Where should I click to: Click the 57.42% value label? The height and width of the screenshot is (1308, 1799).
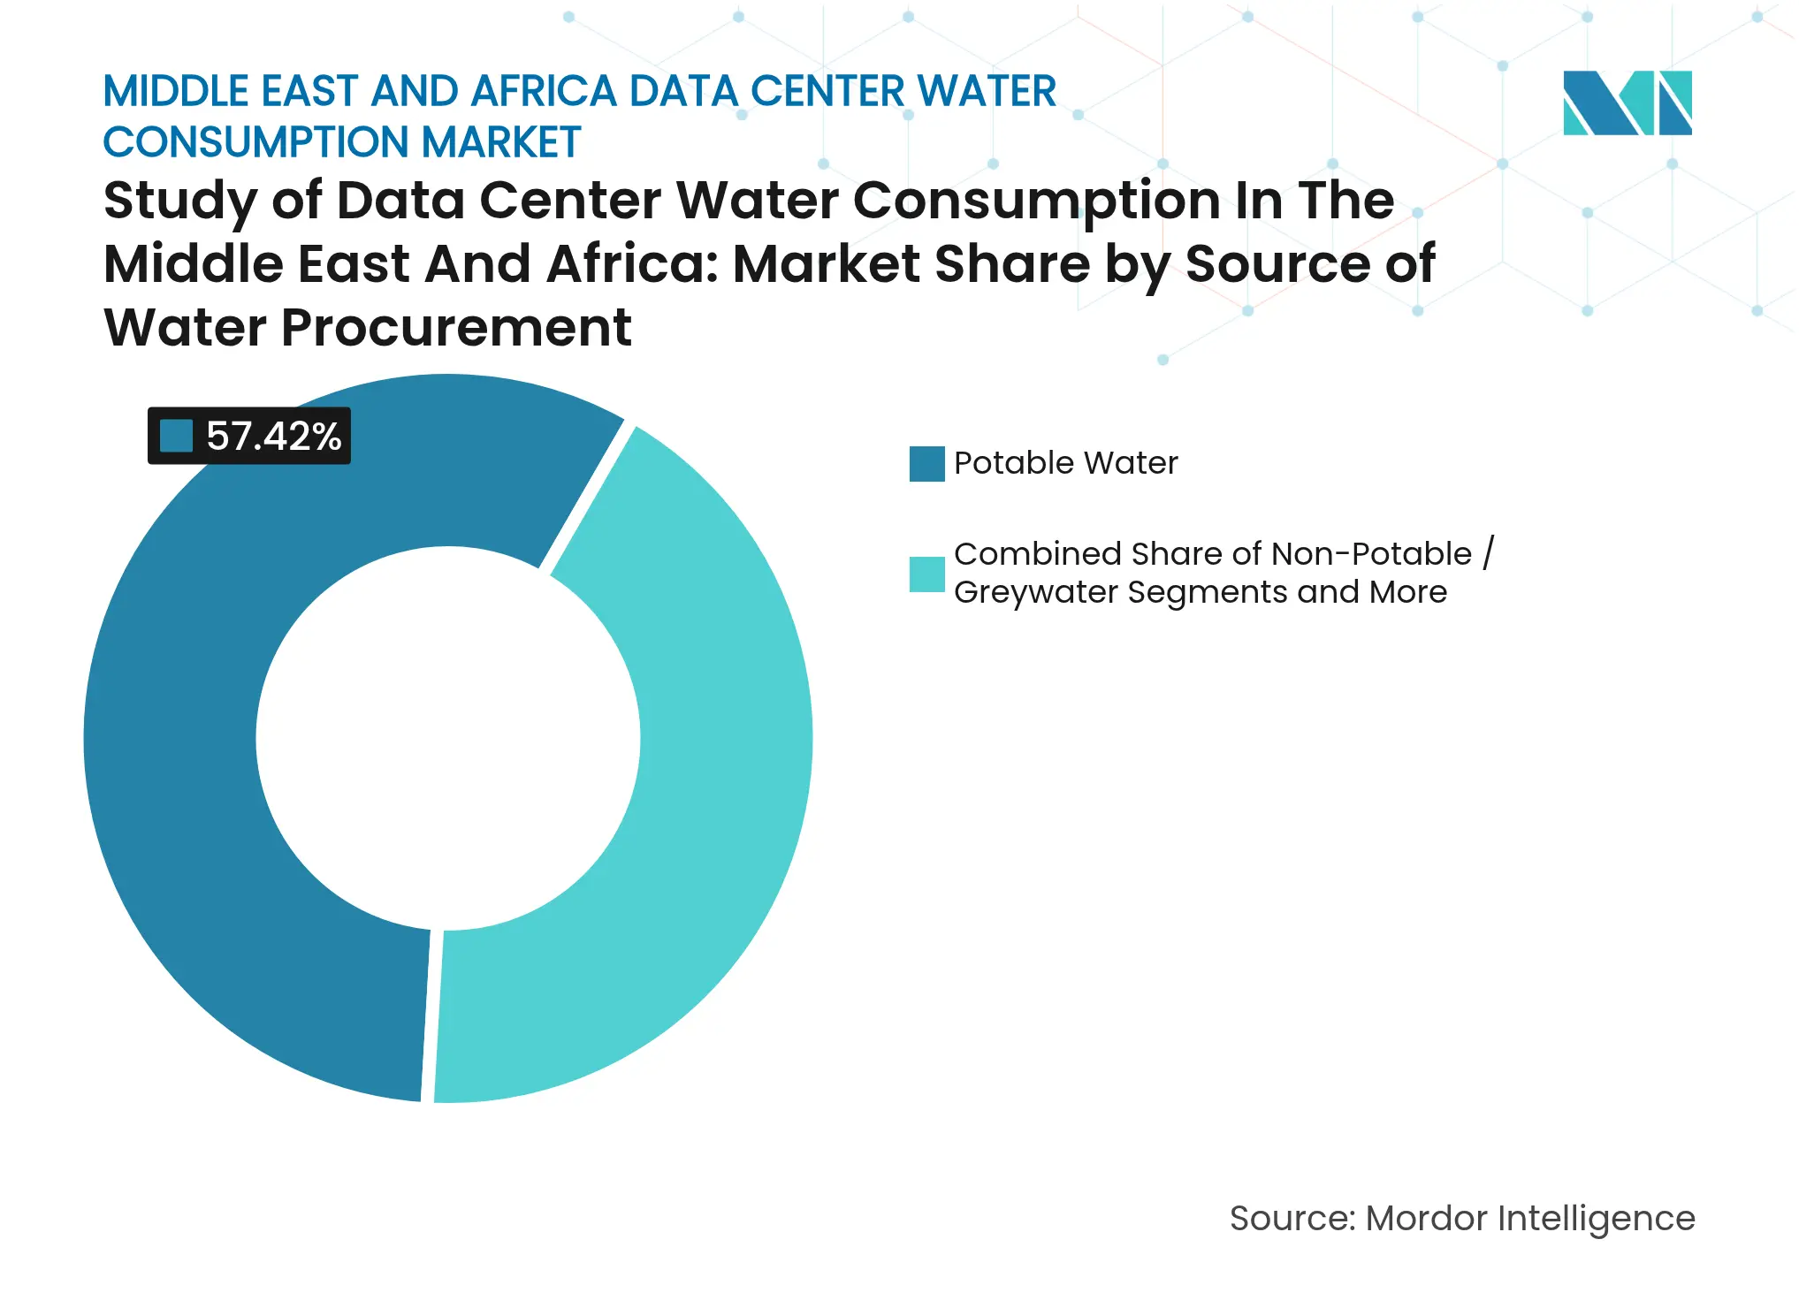[273, 437]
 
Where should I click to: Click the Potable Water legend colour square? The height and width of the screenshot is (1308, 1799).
[926, 464]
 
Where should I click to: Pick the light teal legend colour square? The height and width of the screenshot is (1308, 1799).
[926, 574]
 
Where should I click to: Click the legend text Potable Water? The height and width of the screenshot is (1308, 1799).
[1065, 463]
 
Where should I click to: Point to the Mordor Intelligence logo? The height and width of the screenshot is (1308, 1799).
[1627, 103]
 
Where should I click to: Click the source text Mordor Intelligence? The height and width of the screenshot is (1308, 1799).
[1529, 1219]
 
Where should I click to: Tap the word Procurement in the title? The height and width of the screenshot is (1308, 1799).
[455, 328]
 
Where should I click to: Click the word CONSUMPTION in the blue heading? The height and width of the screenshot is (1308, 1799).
[255, 142]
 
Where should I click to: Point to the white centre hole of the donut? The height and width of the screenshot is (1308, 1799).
[448, 739]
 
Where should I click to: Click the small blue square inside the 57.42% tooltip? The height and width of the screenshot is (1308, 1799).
[176, 436]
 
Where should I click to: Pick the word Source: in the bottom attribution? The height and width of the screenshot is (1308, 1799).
[1292, 1219]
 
